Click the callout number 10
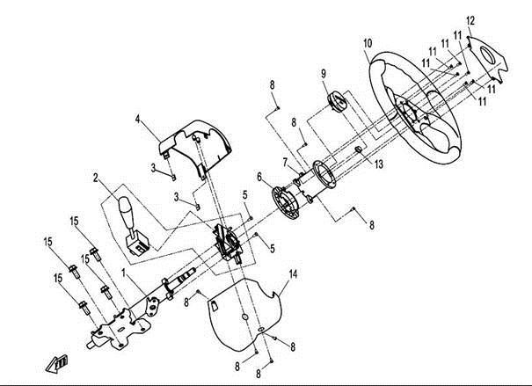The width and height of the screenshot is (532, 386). (368, 43)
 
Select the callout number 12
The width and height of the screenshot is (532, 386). (470, 21)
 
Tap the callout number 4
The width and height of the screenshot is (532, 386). (137, 119)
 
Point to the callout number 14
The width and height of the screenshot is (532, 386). (293, 274)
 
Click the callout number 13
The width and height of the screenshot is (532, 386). (379, 164)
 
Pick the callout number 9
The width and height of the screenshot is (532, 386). (324, 73)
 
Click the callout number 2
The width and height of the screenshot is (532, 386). (96, 178)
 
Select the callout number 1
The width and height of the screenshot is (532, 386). (124, 273)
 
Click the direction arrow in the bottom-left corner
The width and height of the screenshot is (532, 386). (56, 364)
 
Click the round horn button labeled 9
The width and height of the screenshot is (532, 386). (337, 101)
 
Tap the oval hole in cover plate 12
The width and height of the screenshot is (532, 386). (488, 55)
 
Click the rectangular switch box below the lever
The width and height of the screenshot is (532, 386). (137, 244)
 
